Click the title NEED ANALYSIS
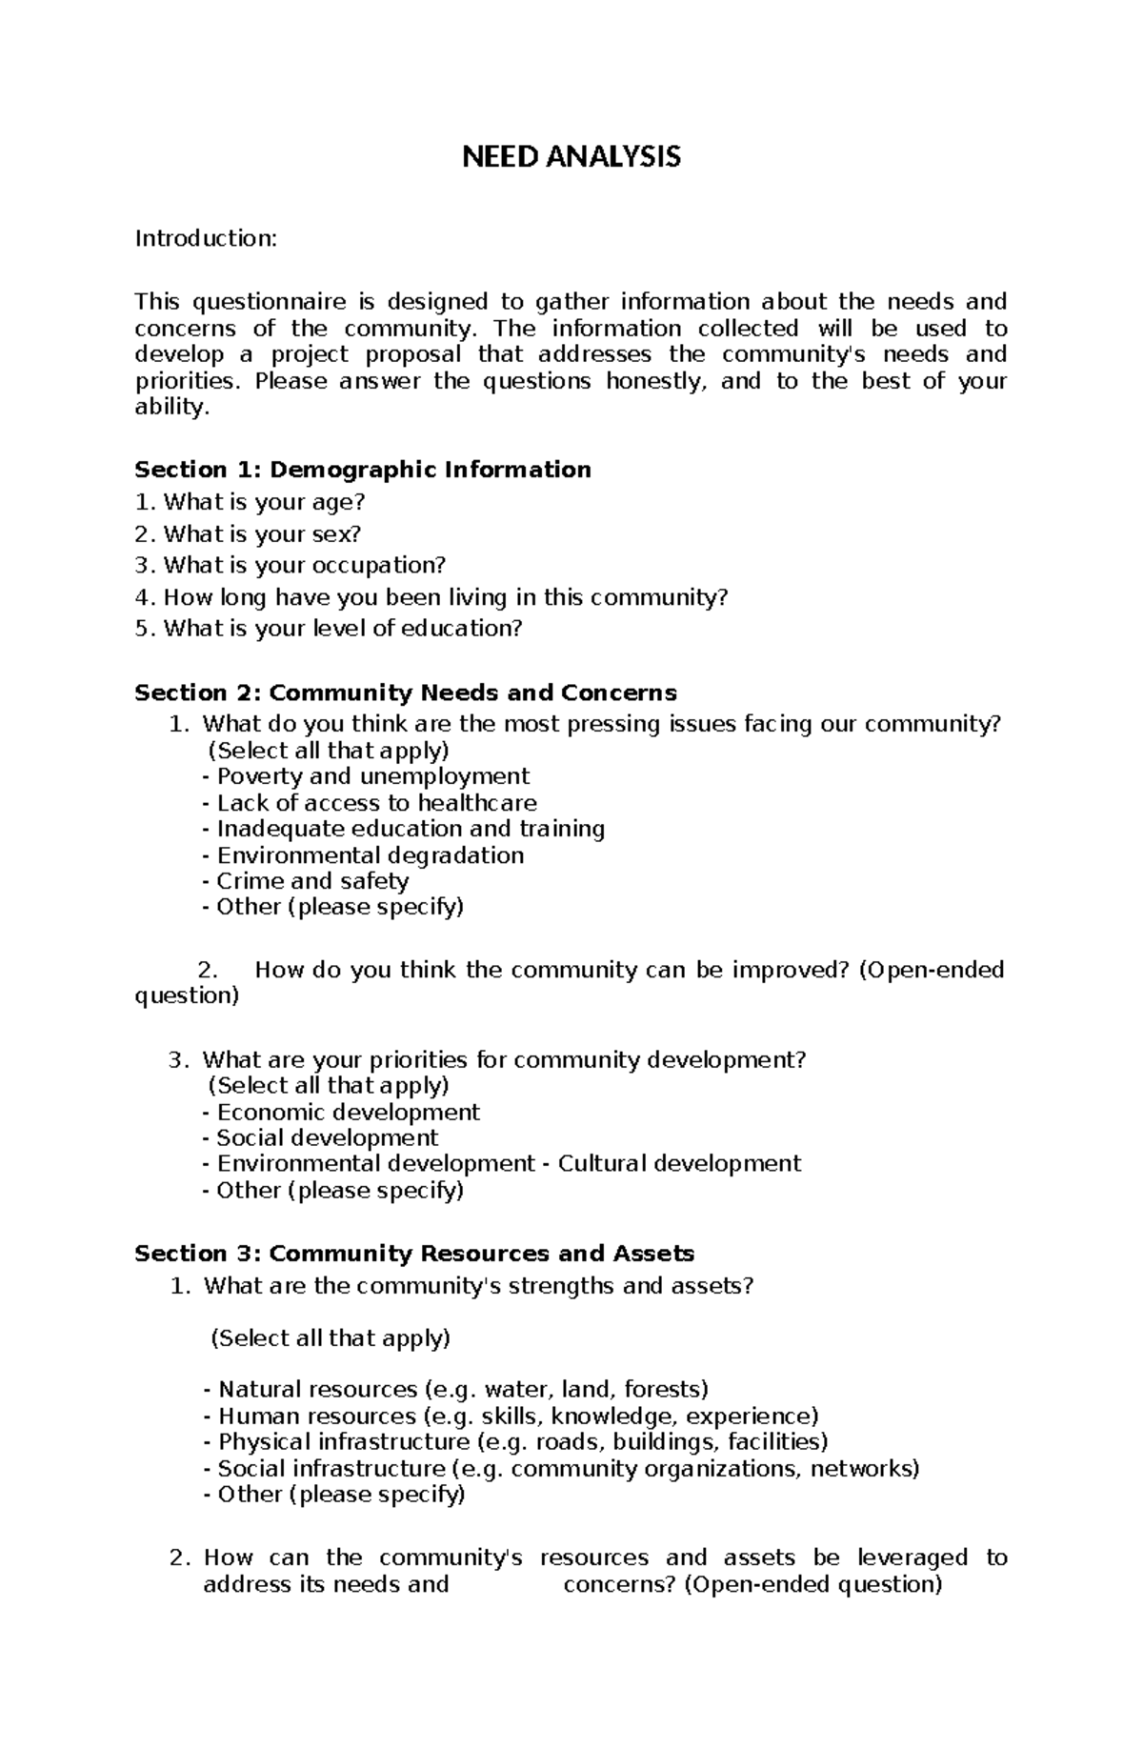click(x=571, y=156)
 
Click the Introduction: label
click(x=206, y=238)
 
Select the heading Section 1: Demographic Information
click(x=363, y=470)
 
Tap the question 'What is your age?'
click(x=264, y=502)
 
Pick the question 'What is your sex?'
click(x=262, y=533)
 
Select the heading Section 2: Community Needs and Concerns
click(x=406, y=693)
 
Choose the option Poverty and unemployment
click(x=371, y=776)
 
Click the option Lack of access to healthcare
click(x=375, y=803)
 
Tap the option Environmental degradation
click(x=370, y=855)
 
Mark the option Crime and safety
click(x=311, y=881)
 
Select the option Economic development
click(x=348, y=1113)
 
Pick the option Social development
click(x=327, y=1138)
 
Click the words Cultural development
click(x=679, y=1164)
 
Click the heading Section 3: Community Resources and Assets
click(x=414, y=1254)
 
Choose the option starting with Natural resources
click(x=463, y=1390)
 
